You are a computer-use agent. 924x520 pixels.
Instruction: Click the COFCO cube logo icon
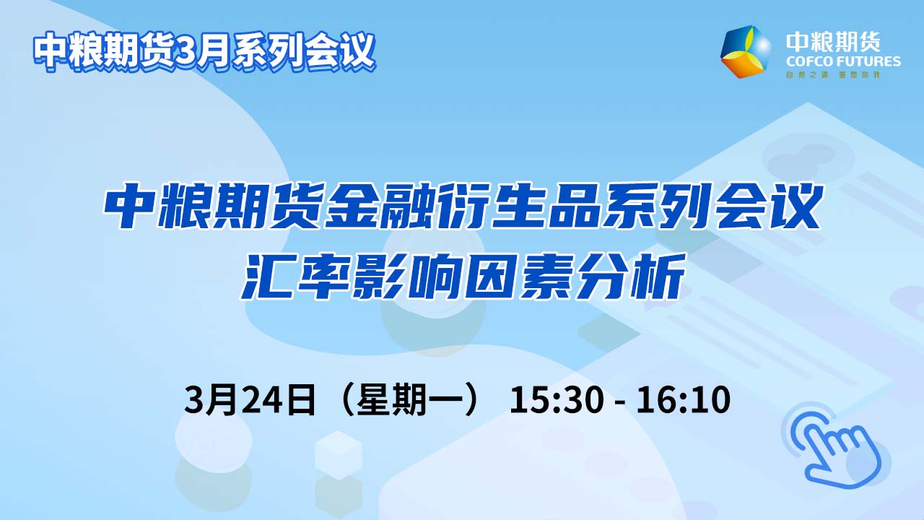pyautogui.click(x=746, y=51)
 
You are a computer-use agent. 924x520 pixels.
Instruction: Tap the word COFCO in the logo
pyautogui.click(x=811, y=62)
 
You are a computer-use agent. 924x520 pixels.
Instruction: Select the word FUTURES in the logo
pyautogui.click(x=871, y=62)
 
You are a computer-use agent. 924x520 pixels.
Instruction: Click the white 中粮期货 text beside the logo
pyautogui.click(x=833, y=42)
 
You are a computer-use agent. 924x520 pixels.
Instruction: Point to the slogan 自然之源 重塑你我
pyautogui.click(x=833, y=74)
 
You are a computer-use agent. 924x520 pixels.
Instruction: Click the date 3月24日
pyautogui.click(x=250, y=399)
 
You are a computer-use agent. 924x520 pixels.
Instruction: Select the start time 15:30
pyautogui.click(x=557, y=399)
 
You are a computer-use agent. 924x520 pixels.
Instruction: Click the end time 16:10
pyautogui.click(x=683, y=399)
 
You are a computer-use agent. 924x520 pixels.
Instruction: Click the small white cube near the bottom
pyautogui.click(x=339, y=455)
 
